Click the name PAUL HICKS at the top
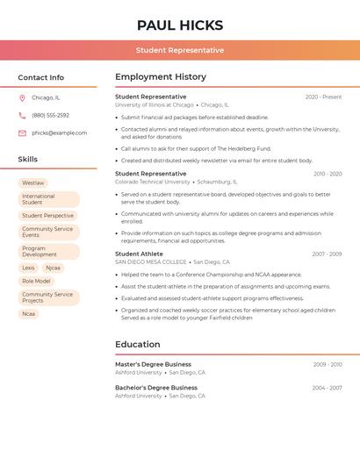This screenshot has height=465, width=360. [x=180, y=25]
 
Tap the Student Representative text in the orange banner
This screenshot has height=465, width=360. [x=180, y=50]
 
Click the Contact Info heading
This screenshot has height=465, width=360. [x=41, y=77]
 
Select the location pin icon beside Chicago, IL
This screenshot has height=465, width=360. [x=22, y=98]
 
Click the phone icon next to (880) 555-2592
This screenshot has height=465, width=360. [x=22, y=116]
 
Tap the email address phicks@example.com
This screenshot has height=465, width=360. [x=59, y=133]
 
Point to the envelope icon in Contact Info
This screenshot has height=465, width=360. [x=22, y=133]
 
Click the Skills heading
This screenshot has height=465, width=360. [x=28, y=160]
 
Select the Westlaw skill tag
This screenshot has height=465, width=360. [x=33, y=183]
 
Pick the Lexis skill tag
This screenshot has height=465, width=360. [x=29, y=268]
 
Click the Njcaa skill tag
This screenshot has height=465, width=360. [x=54, y=268]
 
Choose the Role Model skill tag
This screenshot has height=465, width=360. [x=36, y=281]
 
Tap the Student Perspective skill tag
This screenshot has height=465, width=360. [x=47, y=216]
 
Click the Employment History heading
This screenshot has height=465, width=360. [x=161, y=77]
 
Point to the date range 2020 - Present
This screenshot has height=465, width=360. [x=323, y=97]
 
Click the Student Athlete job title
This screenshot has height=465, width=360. [x=139, y=254]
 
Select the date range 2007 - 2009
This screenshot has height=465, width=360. [x=327, y=254]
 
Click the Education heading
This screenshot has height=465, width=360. [x=137, y=345]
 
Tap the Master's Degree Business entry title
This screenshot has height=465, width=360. [x=153, y=364]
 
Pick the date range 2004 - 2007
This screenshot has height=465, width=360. [x=327, y=388]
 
